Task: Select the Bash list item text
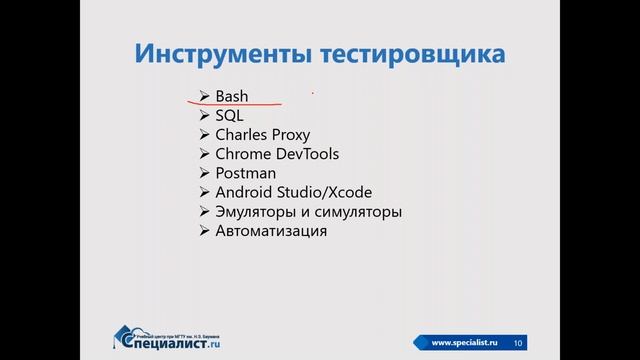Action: (231, 97)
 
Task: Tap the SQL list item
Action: (229, 116)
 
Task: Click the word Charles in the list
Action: (241, 135)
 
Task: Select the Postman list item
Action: (245, 173)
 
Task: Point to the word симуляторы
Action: (360, 212)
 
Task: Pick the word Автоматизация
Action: (270, 231)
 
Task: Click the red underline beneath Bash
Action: (235, 104)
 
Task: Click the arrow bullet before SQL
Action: (204, 116)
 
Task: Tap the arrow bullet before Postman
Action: (204, 173)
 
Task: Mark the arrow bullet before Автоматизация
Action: (204, 231)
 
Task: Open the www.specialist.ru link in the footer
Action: (464, 343)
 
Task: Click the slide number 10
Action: (518, 343)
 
